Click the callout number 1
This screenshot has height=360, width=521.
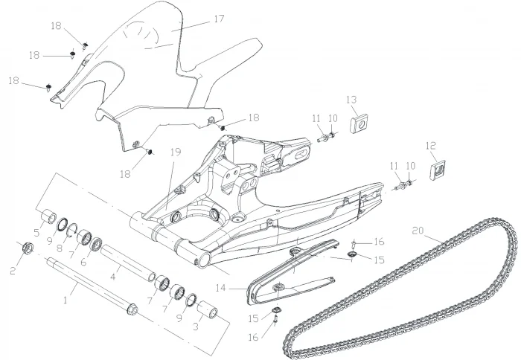(x=66, y=300)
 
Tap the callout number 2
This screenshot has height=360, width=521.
(x=12, y=271)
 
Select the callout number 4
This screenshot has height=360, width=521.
(x=113, y=277)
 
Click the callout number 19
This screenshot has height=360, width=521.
(x=176, y=152)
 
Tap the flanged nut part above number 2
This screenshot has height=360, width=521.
(x=24, y=248)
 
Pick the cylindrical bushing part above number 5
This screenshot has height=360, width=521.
(x=49, y=218)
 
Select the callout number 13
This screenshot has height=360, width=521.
(x=351, y=99)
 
